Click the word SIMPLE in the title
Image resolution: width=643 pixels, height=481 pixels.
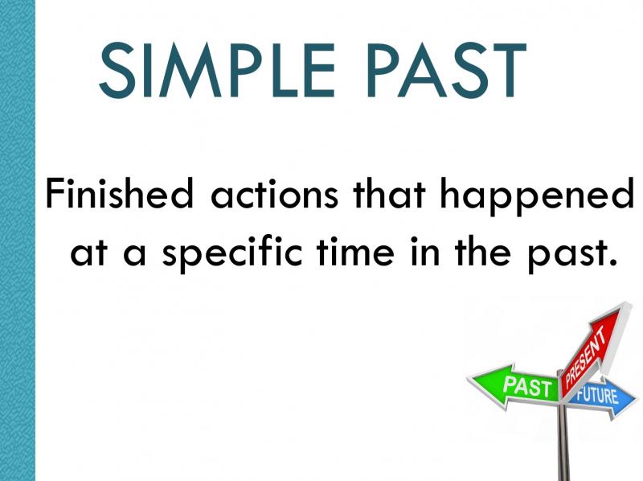point(217,70)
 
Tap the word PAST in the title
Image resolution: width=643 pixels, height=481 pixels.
point(447,70)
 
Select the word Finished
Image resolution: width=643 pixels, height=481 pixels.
point(119,192)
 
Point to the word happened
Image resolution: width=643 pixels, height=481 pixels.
point(536,195)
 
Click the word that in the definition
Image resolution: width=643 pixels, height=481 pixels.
point(390,192)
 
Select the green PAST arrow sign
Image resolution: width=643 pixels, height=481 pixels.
point(514,386)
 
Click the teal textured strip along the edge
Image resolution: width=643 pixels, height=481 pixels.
point(18,240)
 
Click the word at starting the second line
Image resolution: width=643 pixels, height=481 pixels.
point(89,251)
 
